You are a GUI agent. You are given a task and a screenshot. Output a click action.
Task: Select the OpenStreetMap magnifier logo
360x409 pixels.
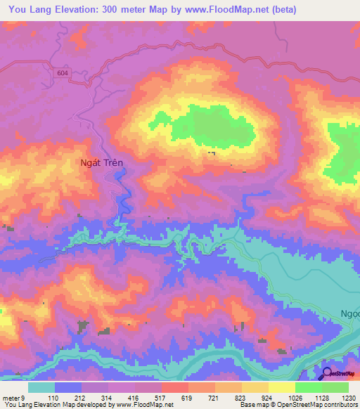(327, 373)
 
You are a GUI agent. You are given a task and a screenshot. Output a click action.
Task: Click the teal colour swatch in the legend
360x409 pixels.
(41, 387)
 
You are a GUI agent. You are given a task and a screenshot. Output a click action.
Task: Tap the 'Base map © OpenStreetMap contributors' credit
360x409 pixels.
(297, 405)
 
